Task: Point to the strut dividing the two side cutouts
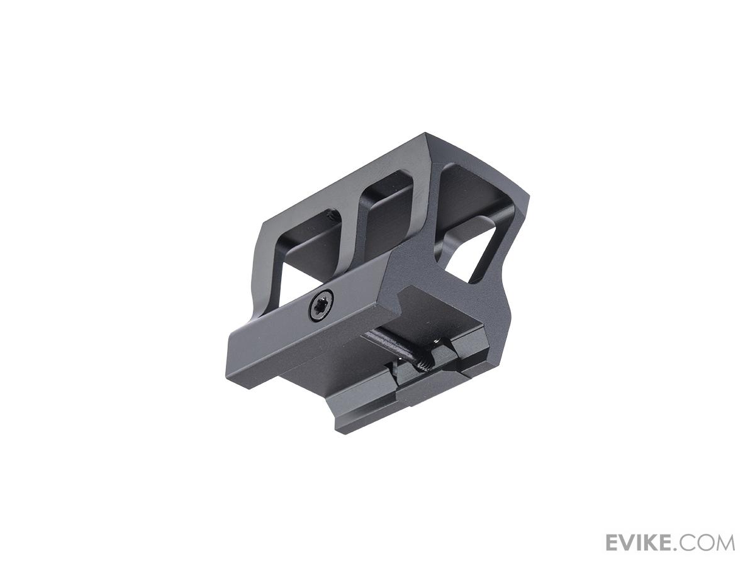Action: point(351,223)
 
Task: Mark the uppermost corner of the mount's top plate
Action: point(426,133)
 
